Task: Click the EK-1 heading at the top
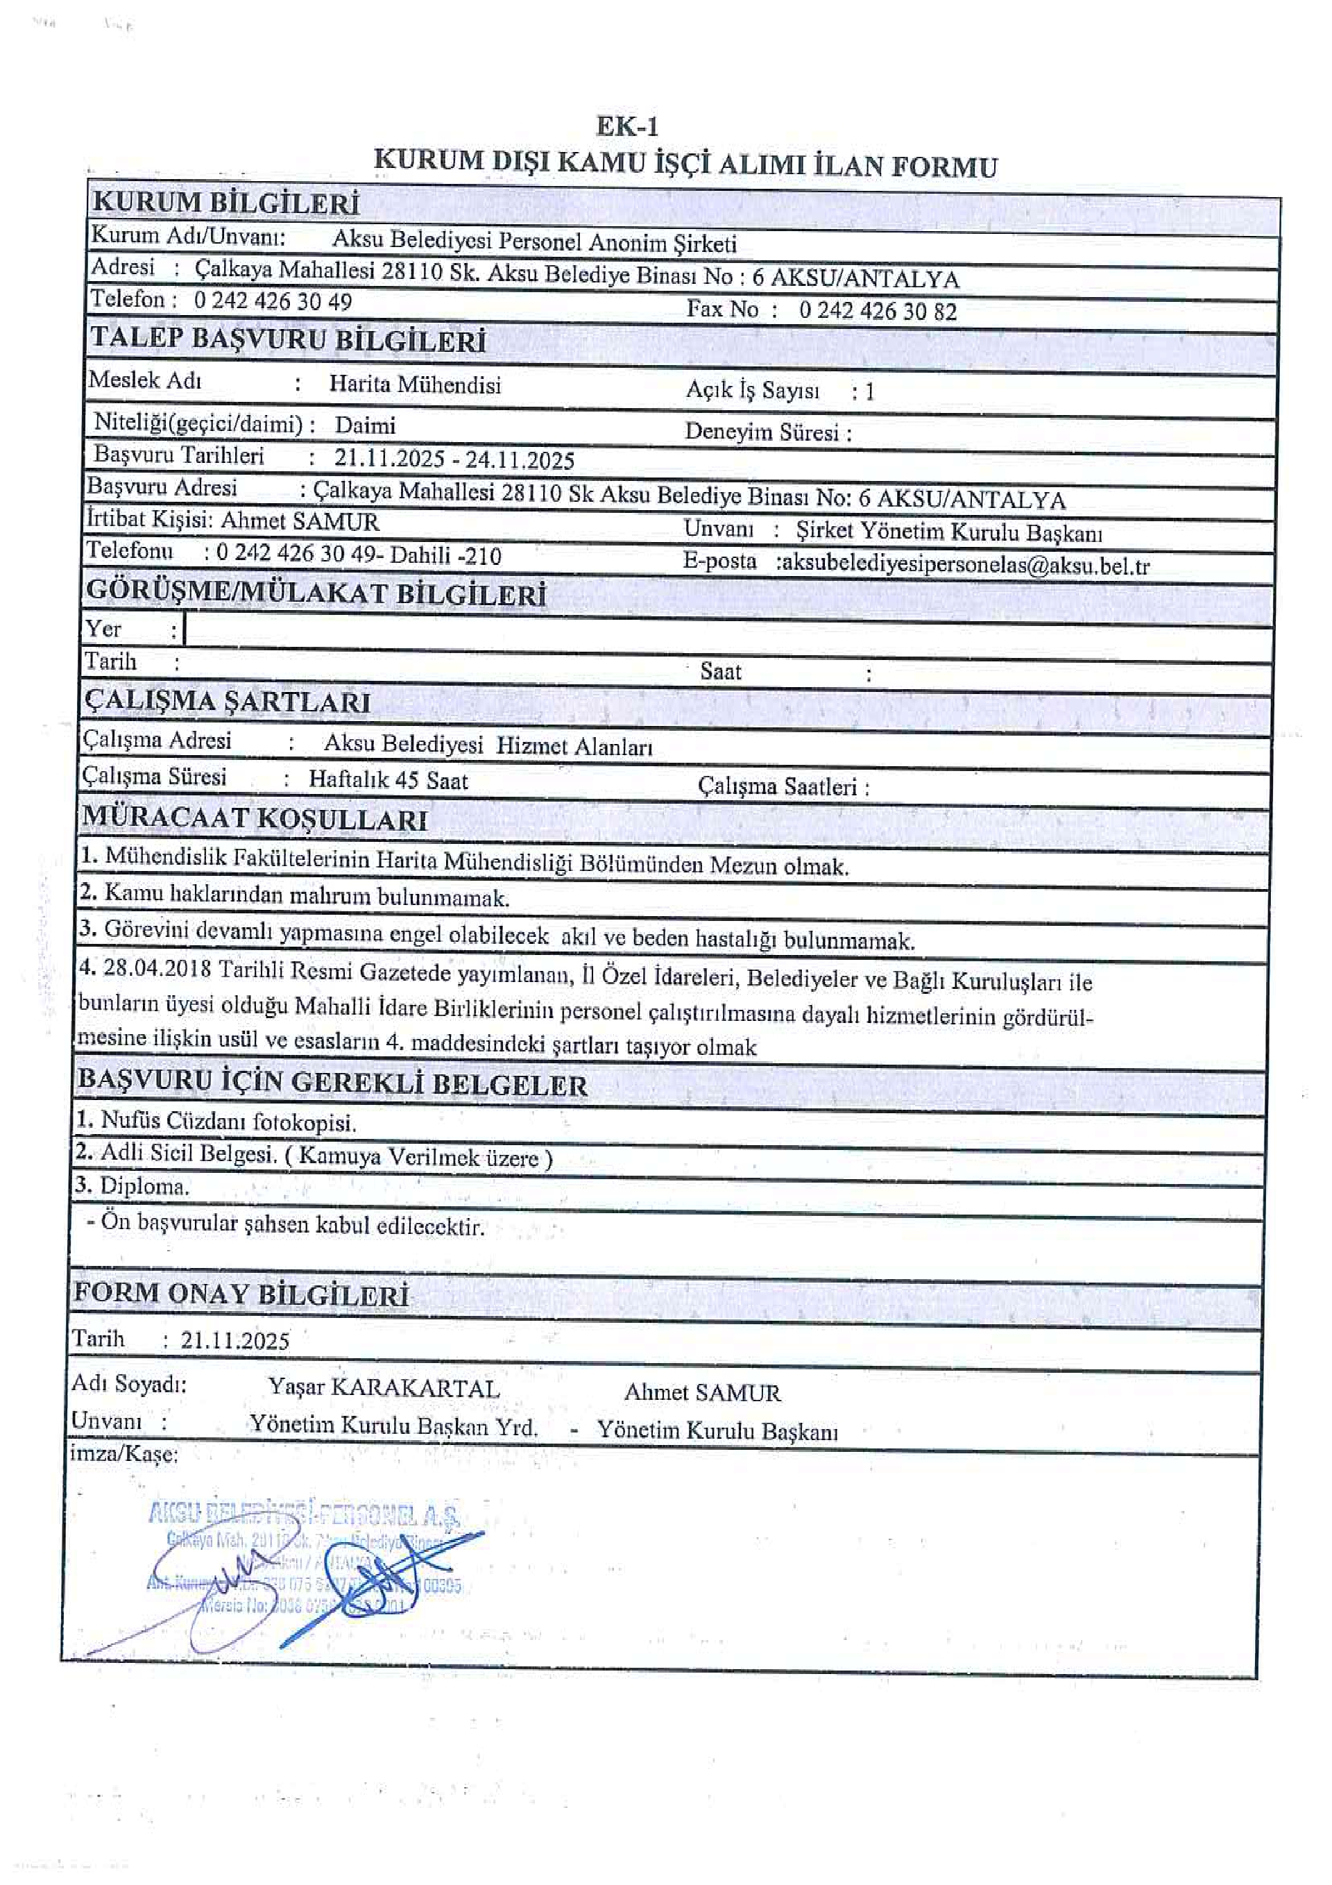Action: (626, 126)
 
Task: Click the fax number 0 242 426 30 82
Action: (878, 310)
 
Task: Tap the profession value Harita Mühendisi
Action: (414, 384)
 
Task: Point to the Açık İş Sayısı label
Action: (752, 391)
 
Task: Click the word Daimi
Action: (364, 425)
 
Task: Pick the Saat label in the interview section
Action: (719, 672)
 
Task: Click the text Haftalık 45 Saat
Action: (388, 780)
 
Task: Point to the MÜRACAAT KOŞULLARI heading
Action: (255, 818)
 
